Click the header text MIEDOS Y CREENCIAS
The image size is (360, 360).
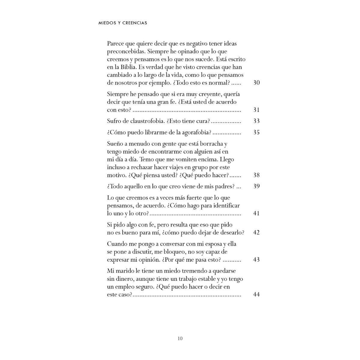pos(123,23)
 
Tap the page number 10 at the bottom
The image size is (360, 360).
pos(180,339)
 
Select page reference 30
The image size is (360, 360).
pos(256,82)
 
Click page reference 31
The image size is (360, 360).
pos(256,110)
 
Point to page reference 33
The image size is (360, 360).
pos(256,121)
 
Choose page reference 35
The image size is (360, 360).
pos(256,132)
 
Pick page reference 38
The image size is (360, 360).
pos(256,175)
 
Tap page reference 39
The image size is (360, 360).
pos(256,186)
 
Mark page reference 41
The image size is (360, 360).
pos(256,214)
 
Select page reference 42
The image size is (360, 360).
pos(256,232)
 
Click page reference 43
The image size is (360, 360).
pos(256,259)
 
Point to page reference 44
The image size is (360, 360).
pos(256,294)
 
